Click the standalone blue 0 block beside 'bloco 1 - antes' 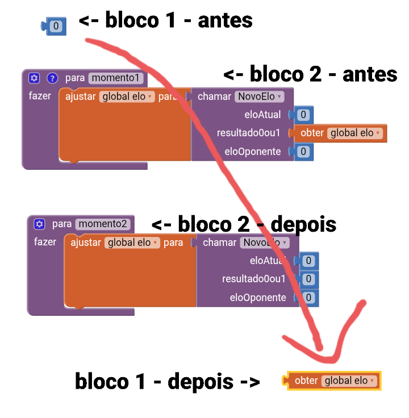55,26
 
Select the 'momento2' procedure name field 103,224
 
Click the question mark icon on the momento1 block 52,78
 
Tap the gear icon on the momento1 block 34,78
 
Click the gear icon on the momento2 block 39,224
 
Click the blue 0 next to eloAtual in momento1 303,115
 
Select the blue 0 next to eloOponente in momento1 303,151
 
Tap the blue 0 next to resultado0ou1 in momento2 308,279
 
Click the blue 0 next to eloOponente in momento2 308,297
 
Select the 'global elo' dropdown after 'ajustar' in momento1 127,97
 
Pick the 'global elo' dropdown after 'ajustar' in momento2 132,243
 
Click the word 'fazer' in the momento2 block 45,242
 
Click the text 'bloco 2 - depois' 245,224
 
